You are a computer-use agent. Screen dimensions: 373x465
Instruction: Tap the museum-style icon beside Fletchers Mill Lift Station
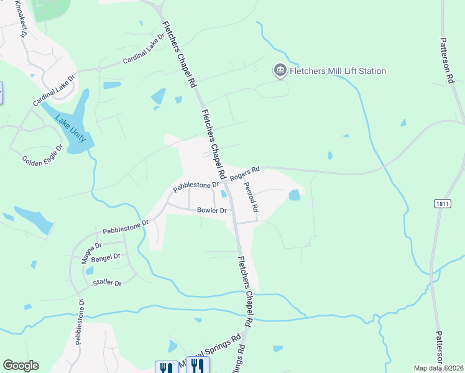(x=280, y=71)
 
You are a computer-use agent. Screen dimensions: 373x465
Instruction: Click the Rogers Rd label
(x=244, y=173)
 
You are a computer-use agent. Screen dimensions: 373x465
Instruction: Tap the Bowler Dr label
(x=212, y=210)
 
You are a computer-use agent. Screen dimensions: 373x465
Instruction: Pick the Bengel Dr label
(x=105, y=256)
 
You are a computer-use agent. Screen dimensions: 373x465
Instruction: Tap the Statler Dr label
(x=107, y=283)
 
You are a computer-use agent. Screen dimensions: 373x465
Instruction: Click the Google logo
(x=21, y=366)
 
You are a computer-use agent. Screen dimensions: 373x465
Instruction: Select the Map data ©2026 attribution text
(x=438, y=368)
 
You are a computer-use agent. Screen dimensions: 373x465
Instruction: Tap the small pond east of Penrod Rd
(x=294, y=195)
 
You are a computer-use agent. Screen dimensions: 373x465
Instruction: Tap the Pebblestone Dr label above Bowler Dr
(x=196, y=185)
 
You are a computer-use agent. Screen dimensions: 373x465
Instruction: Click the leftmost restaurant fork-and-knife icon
(x=165, y=368)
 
